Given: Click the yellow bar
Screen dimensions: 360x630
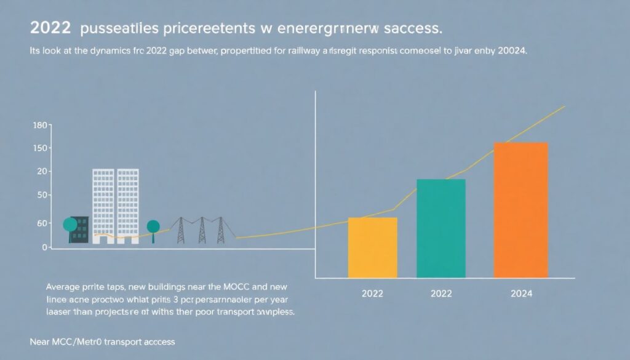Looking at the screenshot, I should point(372,247).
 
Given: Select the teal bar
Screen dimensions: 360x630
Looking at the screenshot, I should point(441,228).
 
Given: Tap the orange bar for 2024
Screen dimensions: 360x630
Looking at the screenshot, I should point(520,210).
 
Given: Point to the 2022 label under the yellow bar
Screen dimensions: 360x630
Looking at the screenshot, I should point(372,294).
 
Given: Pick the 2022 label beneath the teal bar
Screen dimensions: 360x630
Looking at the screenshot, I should point(441,294).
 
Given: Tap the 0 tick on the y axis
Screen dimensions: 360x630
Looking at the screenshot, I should point(44,247).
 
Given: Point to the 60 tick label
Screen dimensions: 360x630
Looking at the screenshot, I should point(41,223).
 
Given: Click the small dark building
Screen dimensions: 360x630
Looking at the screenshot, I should point(80,230).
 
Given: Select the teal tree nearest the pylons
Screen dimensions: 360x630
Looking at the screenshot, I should point(153,227).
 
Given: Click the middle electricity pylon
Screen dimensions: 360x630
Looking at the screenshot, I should point(201,230).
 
